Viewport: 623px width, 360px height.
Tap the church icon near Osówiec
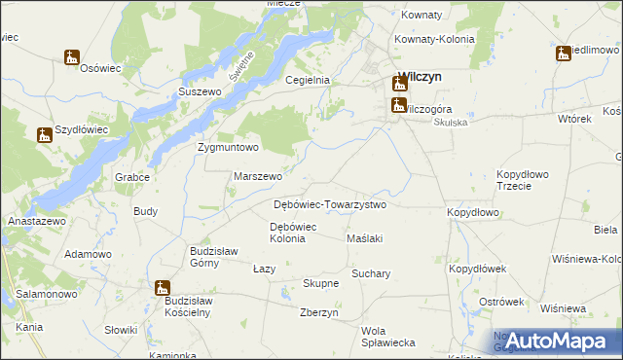[72, 57]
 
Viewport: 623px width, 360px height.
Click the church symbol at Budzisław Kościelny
[162, 287]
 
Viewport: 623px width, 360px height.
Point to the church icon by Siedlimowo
[564, 53]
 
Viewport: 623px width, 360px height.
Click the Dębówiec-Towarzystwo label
[330, 205]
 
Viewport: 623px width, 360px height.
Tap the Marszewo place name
[258, 177]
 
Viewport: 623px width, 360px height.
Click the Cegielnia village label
[308, 81]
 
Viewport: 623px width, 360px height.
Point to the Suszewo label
[200, 91]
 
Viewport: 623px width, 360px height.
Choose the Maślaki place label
[365, 238]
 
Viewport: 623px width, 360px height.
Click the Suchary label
[371, 273]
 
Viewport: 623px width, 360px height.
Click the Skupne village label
[320, 283]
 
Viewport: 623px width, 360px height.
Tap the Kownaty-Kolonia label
[434, 39]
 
